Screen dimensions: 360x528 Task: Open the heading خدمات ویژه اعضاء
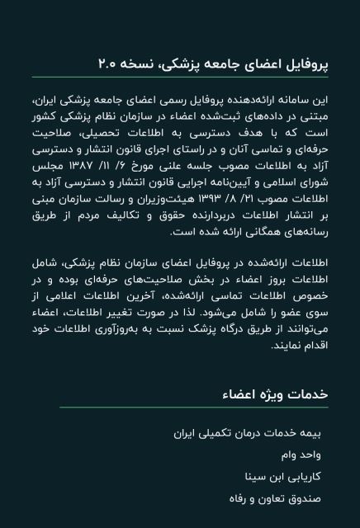(x=275, y=394)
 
